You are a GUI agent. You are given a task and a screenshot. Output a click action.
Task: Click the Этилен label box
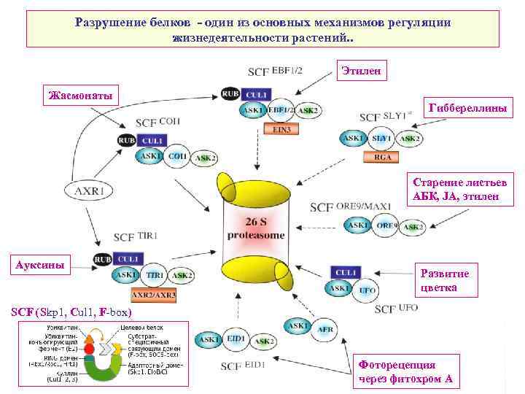[362, 71]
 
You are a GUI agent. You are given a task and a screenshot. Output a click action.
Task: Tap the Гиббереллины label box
[470, 107]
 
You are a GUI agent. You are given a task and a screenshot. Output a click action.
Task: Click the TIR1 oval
[155, 275]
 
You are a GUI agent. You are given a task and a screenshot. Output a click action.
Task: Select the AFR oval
[325, 329]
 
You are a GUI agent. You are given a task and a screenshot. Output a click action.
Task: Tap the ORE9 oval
[386, 226]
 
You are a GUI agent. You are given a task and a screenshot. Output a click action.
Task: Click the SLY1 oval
[380, 138]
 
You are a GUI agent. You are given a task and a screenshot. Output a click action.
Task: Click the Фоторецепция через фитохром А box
[405, 371]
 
